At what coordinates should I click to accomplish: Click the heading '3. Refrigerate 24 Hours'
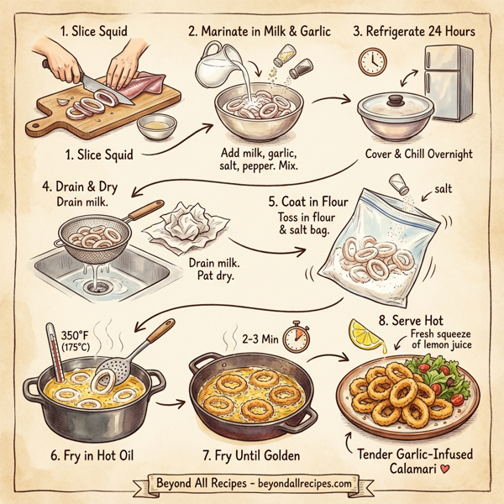point(414,31)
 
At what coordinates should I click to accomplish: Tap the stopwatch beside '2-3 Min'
point(294,339)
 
